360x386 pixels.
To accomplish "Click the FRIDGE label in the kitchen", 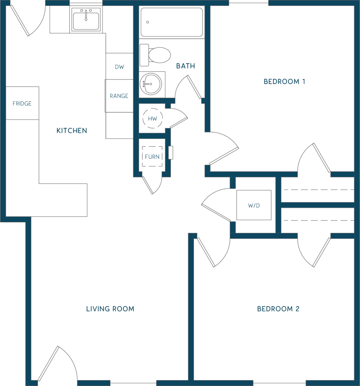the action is pyautogui.click(x=22, y=103).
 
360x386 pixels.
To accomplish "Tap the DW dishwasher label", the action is pyautogui.click(x=119, y=67).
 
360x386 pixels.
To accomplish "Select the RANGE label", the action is pyautogui.click(x=119, y=96).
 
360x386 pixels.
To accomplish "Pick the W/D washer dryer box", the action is pyautogui.click(x=254, y=205).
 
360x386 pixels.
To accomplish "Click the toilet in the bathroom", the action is pyautogui.click(x=155, y=55).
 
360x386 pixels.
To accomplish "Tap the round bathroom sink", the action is pyautogui.click(x=151, y=84).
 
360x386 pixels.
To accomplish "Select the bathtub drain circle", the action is pyautogui.click(x=148, y=22).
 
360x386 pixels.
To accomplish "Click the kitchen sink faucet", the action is pyautogui.click(x=86, y=15).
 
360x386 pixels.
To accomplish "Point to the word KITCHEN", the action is pyautogui.click(x=72, y=131).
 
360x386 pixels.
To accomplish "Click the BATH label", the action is pyautogui.click(x=186, y=66).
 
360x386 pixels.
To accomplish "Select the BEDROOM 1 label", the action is pyautogui.click(x=284, y=81).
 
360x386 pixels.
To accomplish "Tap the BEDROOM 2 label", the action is pyautogui.click(x=278, y=309).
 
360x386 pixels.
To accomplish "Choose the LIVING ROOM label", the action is pyautogui.click(x=110, y=309).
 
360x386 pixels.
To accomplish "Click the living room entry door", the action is pyautogui.click(x=48, y=363).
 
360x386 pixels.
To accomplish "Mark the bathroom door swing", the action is pyautogui.click(x=188, y=87).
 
